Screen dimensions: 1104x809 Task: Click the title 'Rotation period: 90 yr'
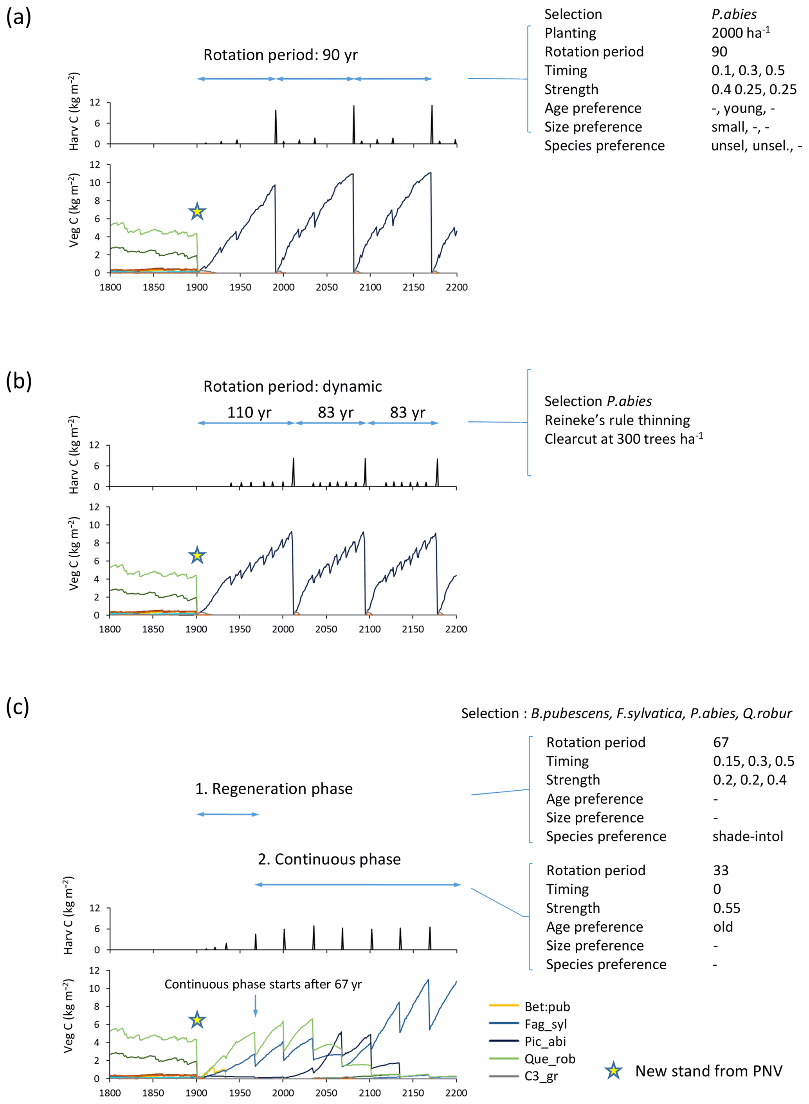click(280, 55)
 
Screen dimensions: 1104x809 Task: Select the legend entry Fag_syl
click(546, 1024)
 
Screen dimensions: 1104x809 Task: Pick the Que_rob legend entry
click(550, 1059)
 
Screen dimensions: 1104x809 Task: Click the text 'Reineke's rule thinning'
click(617, 420)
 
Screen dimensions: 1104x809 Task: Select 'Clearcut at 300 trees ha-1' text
click(623, 439)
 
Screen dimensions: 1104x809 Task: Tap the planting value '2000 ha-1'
click(740, 33)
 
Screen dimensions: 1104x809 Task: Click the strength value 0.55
click(726, 908)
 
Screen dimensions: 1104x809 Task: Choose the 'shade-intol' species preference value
click(747, 836)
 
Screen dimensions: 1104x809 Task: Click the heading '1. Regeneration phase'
click(274, 788)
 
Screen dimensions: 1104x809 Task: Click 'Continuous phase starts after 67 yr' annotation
click(263, 985)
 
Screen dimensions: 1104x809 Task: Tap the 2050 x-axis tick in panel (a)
click(327, 287)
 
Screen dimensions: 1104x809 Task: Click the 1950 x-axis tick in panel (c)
click(240, 1093)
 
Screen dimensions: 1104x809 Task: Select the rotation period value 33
click(721, 870)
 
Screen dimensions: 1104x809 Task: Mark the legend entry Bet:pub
click(547, 1006)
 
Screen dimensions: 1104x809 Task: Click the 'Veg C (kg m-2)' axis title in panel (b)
click(74, 553)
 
